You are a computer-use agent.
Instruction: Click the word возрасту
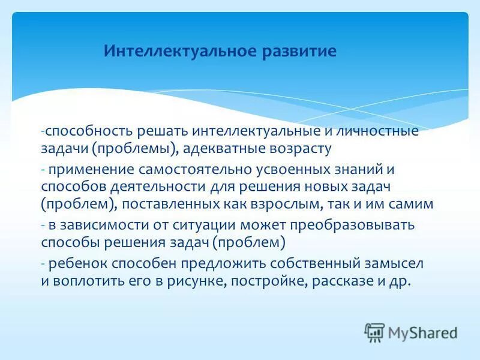pos(303,148)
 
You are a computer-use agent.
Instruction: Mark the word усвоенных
pos(283,170)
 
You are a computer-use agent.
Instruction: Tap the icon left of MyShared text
pos(374,332)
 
